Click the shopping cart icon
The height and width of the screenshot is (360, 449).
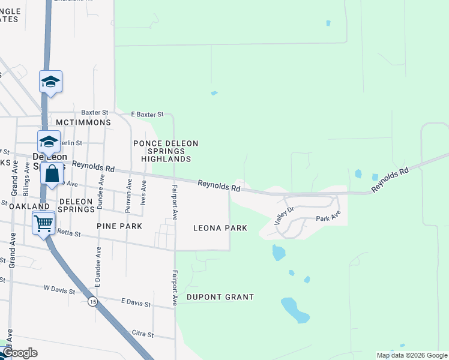(44, 224)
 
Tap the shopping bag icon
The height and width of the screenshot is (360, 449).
(52, 175)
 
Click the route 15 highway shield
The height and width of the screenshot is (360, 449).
(91, 302)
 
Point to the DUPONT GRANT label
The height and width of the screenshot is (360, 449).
(220, 297)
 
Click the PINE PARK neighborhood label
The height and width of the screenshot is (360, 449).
(119, 226)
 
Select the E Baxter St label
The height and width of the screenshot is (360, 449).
(147, 114)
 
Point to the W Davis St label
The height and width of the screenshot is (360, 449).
(59, 290)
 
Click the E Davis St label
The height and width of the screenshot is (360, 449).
(136, 304)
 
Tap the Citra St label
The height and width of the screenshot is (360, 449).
(142, 334)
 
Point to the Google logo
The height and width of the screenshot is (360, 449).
(20, 353)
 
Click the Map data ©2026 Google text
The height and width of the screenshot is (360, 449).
(412, 355)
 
